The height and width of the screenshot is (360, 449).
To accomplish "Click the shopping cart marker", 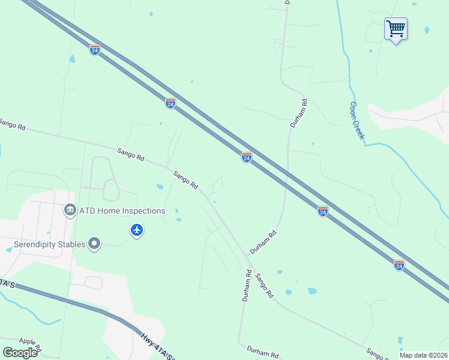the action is (396, 29).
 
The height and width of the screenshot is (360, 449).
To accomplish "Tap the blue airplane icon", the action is (137, 230).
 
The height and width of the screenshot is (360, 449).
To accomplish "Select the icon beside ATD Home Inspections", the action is (70, 211).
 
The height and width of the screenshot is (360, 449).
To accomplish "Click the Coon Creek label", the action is (357, 120).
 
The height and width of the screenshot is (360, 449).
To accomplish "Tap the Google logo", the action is (20, 352).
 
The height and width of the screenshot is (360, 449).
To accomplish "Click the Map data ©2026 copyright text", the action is (424, 355).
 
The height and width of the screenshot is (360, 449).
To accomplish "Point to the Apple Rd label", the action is (30, 344).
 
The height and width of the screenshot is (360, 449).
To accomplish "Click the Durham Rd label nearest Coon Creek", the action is (298, 113).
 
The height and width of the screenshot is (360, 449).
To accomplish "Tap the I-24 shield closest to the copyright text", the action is (399, 265).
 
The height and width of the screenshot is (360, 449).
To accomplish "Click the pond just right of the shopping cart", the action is (427, 30).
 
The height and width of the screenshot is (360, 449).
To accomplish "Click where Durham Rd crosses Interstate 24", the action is (287, 174).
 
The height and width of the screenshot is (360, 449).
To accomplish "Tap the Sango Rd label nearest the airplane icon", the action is (186, 181).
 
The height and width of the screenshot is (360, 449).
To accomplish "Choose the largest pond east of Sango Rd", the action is (312, 291).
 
